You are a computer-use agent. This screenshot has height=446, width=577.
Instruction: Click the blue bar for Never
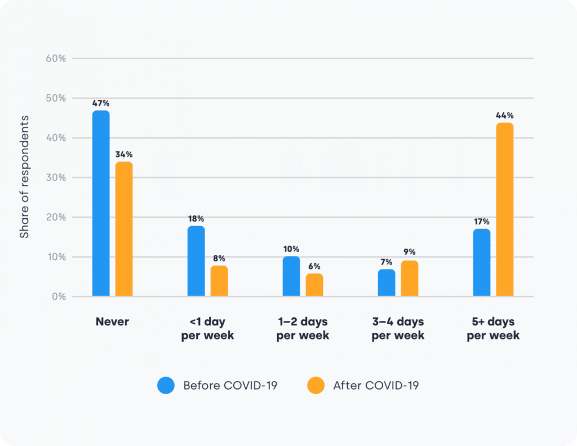[x=101, y=204]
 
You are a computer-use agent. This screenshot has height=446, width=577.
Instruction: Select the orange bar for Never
[x=124, y=229]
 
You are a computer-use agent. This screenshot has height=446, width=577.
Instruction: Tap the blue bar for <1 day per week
[x=196, y=261]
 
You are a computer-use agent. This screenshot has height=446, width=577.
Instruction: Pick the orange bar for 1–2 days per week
[x=314, y=285]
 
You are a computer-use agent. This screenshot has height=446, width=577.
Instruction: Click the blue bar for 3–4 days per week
[x=387, y=282]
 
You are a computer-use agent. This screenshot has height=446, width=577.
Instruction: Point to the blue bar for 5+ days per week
[x=482, y=263]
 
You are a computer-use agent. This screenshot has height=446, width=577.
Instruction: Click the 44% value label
[x=505, y=116]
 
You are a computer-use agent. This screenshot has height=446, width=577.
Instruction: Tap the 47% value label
[x=101, y=103]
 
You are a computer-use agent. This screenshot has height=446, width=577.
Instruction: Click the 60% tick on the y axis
[x=55, y=58]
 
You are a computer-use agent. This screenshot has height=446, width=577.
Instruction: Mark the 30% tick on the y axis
[x=55, y=178]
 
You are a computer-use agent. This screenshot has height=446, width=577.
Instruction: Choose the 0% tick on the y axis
[x=57, y=297]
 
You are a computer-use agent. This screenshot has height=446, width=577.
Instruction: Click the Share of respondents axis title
[x=25, y=176]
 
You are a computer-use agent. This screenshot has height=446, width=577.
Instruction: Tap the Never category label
[x=112, y=322]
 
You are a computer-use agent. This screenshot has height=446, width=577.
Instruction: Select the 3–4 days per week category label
[x=398, y=328]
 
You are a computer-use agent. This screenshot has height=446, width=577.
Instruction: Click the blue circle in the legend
[x=166, y=386]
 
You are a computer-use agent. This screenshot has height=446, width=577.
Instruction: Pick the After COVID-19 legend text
[x=376, y=386]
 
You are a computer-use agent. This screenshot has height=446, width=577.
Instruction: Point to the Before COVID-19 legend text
[x=230, y=386]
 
